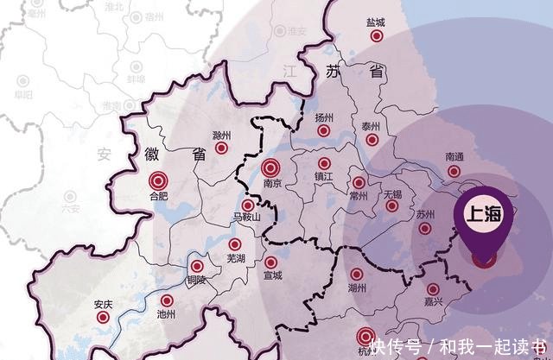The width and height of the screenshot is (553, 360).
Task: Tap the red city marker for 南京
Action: [270, 168]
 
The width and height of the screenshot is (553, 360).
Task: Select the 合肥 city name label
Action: [158, 197]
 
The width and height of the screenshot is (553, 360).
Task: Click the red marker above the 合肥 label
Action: [158, 181]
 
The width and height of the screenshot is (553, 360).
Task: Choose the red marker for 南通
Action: [455, 172]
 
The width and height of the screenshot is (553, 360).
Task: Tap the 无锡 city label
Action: [391, 195]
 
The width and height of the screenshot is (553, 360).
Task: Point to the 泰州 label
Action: [372, 125]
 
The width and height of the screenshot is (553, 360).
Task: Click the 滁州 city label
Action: [222, 136]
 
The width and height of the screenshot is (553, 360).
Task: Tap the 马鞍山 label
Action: [247, 219]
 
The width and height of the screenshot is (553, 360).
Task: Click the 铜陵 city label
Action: [196, 280]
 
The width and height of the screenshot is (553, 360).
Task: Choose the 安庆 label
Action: [103, 303]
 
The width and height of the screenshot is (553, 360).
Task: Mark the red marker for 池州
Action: [168, 302]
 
